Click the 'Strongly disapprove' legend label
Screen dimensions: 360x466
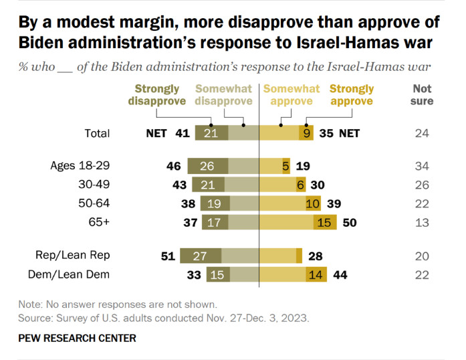pos(157,95)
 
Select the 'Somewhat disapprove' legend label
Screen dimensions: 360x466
pos(224,95)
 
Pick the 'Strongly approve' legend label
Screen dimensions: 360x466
pos(352,95)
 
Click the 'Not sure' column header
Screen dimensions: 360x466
pos(423,95)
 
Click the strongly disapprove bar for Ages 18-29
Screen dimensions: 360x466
pos(208,165)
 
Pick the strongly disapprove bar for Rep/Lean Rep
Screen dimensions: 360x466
pos(201,255)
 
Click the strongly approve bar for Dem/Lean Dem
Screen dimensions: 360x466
pos(316,274)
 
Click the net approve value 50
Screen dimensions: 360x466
pos(349,222)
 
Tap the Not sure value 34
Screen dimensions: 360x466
pos(423,165)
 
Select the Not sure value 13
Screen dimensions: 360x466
pos(423,222)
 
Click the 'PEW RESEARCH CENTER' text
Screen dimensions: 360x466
pos(77,338)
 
